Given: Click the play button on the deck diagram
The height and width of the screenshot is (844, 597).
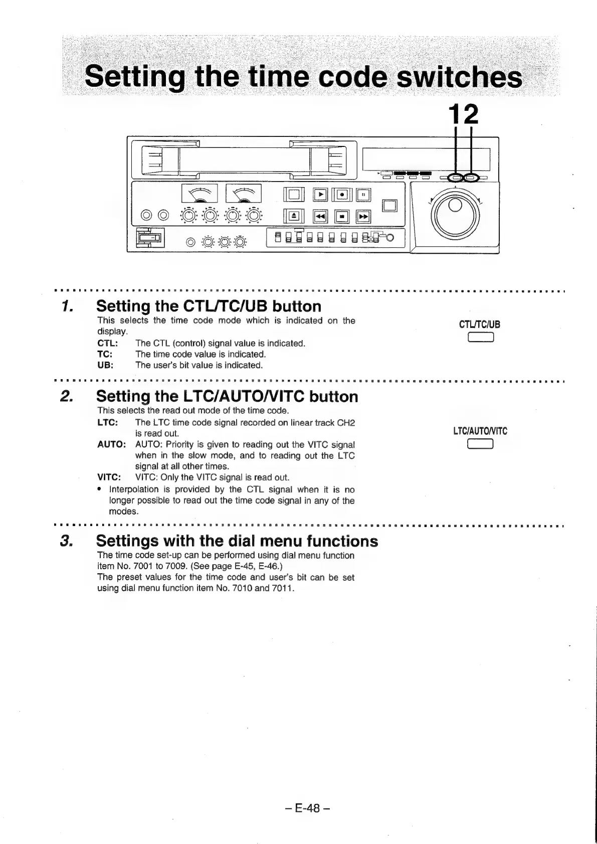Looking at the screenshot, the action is (319, 194).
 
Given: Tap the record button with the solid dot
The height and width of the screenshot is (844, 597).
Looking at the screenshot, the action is (341, 194).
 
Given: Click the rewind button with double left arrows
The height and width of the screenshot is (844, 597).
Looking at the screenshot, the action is (319, 216).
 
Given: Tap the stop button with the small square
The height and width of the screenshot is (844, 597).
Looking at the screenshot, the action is (341, 216).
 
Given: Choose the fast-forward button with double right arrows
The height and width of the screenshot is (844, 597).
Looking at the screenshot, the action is (363, 216).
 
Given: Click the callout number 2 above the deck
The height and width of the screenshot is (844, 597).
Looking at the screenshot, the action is (472, 115).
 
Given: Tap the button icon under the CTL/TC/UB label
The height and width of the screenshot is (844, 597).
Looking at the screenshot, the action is (480, 337).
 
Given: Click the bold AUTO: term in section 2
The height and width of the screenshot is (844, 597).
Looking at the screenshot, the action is (111, 444).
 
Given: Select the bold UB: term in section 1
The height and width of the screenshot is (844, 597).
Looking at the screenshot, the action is (105, 365).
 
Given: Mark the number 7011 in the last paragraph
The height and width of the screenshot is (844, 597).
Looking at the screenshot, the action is (281, 588).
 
